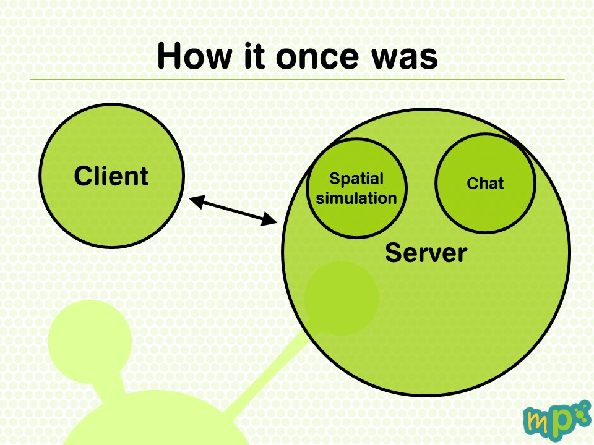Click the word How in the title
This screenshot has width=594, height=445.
point(194,56)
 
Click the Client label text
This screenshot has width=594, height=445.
point(111,176)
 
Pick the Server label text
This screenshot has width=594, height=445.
point(426,253)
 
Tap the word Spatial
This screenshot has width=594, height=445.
point(356,179)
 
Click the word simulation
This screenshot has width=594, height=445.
point(356,198)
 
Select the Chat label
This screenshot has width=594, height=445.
point(485,184)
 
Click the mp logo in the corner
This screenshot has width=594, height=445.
point(557,420)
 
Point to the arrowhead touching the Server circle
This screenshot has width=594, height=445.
point(270,219)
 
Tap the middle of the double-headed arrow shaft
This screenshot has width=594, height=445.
point(233,210)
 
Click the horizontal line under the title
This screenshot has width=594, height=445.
point(298,80)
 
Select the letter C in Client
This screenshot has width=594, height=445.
point(84,176)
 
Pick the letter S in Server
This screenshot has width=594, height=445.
point(394,253)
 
